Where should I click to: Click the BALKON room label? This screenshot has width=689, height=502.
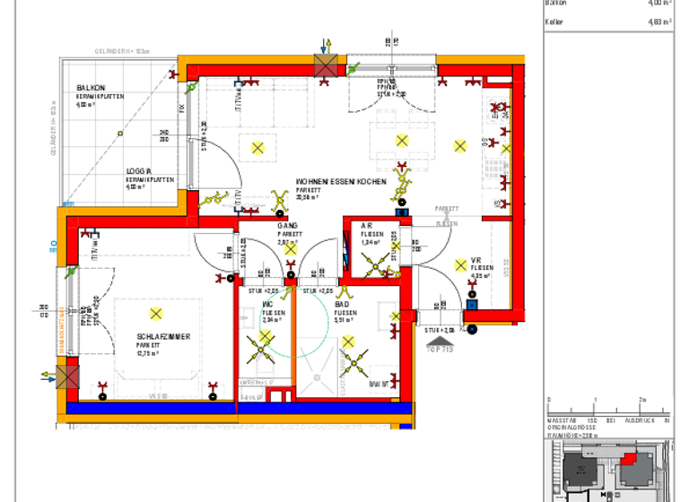coord(92,87)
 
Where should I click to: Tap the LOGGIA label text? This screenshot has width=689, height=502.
coord(138,171)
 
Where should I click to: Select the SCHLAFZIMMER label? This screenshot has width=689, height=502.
coord(163,336)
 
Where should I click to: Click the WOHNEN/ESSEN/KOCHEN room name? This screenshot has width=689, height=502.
coord(342,181)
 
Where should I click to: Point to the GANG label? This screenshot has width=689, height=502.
coord(287,225)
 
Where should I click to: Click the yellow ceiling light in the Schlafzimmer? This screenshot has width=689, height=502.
coord(156,313)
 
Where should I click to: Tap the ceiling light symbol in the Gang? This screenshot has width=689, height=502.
coord(290,249)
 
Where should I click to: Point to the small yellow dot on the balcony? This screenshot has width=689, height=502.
coord(119,134)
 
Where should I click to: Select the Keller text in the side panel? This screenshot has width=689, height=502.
coord(554,22)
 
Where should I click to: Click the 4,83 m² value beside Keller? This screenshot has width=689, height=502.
coord(659,22)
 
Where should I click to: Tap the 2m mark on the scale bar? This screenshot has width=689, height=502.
coord(641,399)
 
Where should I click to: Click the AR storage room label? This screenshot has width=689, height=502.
coord(367,226)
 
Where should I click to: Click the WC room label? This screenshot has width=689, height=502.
coord(268,305)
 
